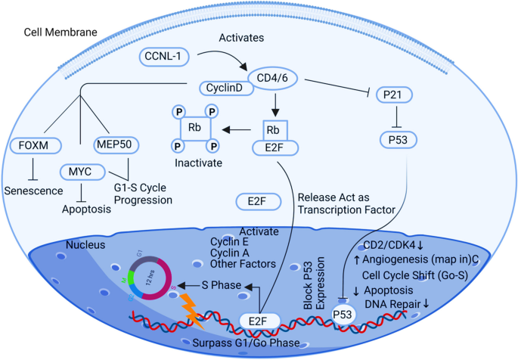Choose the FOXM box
(x=35, y=144)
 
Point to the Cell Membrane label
(x=51, y=33)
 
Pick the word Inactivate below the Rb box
(x=191, y=163)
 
